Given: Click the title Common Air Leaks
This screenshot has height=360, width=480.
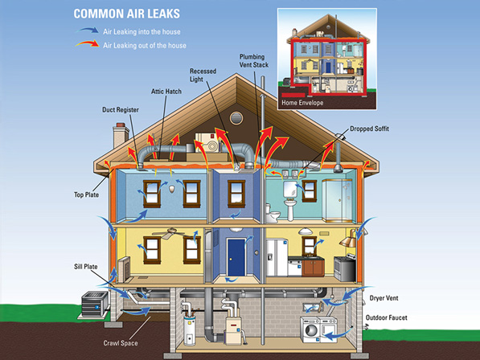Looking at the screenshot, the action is tap(127, 14).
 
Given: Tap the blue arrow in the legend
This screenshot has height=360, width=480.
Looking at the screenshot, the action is tap(88, 30).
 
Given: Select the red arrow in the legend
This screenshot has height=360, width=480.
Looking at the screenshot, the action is tap(88, 43).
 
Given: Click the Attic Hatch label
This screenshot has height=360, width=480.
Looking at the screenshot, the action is tap(166, 92).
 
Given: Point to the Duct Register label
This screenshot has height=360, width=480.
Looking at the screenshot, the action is tap(121, 109).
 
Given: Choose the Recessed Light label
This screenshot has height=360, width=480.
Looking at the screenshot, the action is tap(203, 75).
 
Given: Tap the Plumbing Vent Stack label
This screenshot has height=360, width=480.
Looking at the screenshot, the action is tap(254, 60).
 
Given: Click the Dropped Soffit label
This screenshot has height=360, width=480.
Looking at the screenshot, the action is tap(370, 129).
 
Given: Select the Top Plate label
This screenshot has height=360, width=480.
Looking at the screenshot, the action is tap(86, 194).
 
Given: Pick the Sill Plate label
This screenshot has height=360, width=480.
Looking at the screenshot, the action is tap(86, 267).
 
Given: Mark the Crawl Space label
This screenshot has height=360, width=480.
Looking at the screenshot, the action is tap(121, 343).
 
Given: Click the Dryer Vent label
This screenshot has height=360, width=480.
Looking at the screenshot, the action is tap(384, 298).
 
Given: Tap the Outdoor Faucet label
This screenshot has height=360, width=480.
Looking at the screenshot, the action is tap(386, 317).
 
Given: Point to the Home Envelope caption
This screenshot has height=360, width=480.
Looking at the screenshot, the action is tap(302, 103).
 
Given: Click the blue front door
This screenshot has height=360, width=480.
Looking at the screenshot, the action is tap(236, 257).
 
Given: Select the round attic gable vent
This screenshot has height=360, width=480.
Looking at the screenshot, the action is tap(236, 118).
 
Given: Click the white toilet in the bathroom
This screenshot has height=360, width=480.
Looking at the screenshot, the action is tap(272, 213).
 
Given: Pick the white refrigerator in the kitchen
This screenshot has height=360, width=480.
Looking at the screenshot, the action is tap(277, 257).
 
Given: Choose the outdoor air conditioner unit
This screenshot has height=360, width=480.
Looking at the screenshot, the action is tap(95, 304).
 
